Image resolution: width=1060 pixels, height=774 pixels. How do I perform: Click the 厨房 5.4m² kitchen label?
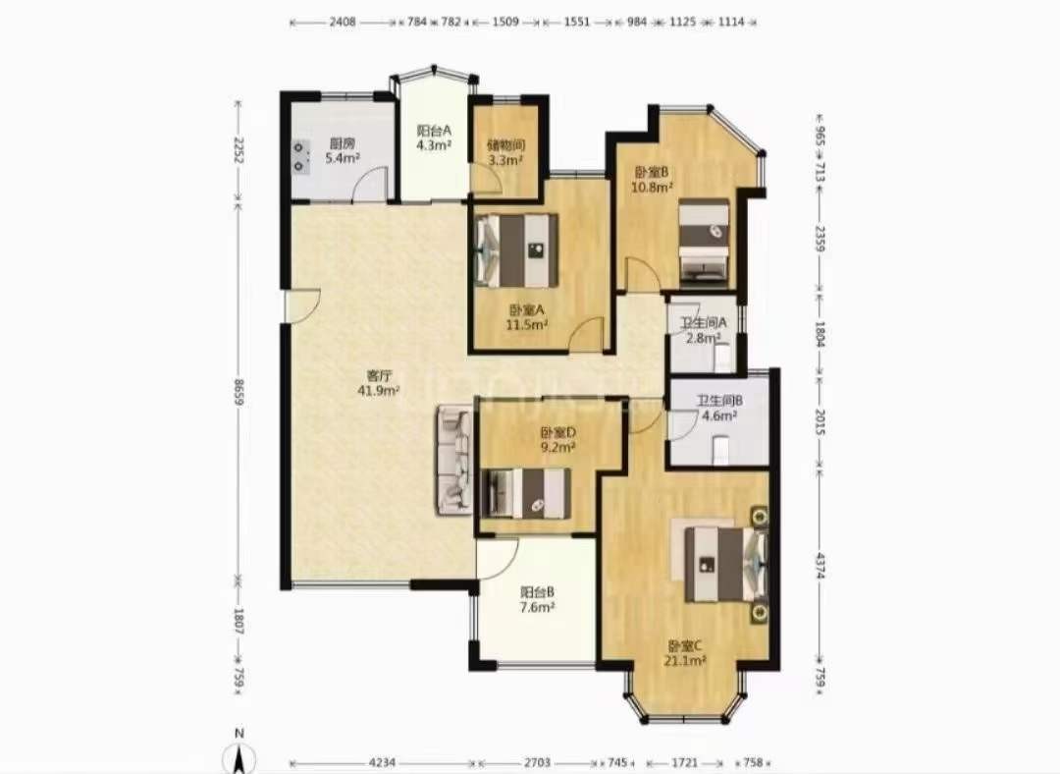point(343,151)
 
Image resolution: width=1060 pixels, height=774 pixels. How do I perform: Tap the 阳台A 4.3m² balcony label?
point(434,138)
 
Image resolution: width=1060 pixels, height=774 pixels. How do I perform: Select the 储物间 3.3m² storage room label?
point(506,152)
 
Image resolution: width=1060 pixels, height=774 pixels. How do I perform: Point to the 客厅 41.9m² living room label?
point(380,382)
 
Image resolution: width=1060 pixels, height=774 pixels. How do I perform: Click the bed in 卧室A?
point(518,249)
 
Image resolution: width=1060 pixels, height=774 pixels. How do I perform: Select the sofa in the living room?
point(455,460)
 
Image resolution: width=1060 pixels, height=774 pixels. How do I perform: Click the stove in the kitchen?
point(301,156)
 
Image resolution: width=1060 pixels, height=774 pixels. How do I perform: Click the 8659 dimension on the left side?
point(238,392)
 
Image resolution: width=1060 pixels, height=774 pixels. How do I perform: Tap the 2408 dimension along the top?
point(343,22)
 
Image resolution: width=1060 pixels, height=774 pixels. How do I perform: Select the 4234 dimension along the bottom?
point(382,762)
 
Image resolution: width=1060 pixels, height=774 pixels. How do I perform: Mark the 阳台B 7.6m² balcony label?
point(538,599)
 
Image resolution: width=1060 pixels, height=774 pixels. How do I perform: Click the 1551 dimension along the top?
point(577,22)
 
